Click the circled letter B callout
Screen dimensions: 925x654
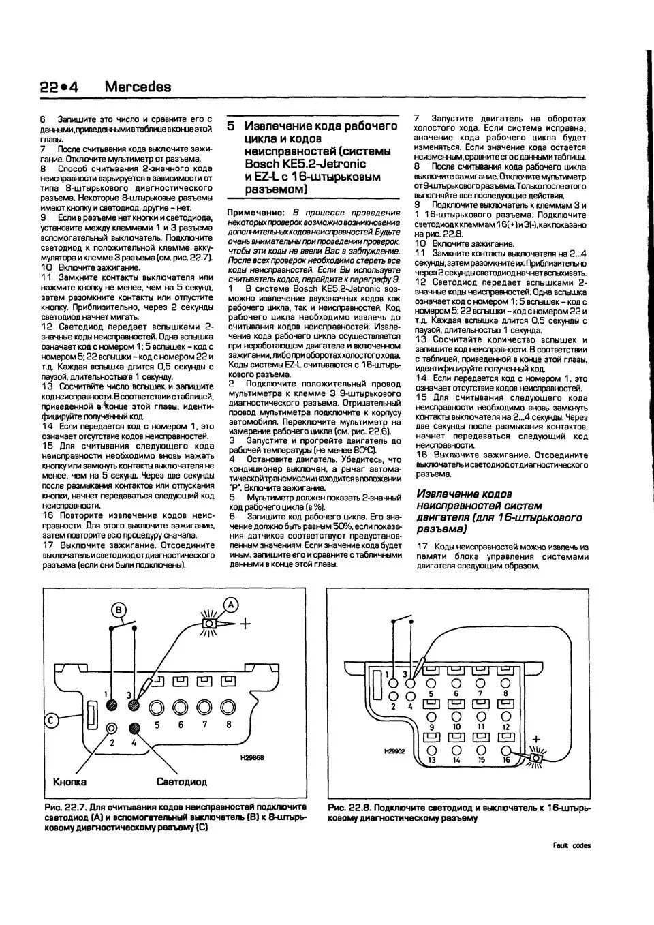(119, 609)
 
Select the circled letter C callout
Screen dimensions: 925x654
(51, 718)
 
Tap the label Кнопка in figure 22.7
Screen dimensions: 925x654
(70, 782)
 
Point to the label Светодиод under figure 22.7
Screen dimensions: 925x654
(181, 782)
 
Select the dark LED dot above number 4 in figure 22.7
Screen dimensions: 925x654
(134, 728)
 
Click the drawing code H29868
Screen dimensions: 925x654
(252, 757)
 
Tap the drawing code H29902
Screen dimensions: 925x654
(394, 750)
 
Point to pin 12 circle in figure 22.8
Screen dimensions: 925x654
(505, 714)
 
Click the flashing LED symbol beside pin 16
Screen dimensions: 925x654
(536, 756)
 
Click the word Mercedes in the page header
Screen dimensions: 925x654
(138, 87)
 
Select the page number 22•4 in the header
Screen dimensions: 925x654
(59, 87)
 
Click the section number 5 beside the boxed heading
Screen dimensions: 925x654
(231, 127)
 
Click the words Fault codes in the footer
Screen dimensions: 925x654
(572, 846)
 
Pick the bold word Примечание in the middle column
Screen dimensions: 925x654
(255, 213)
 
